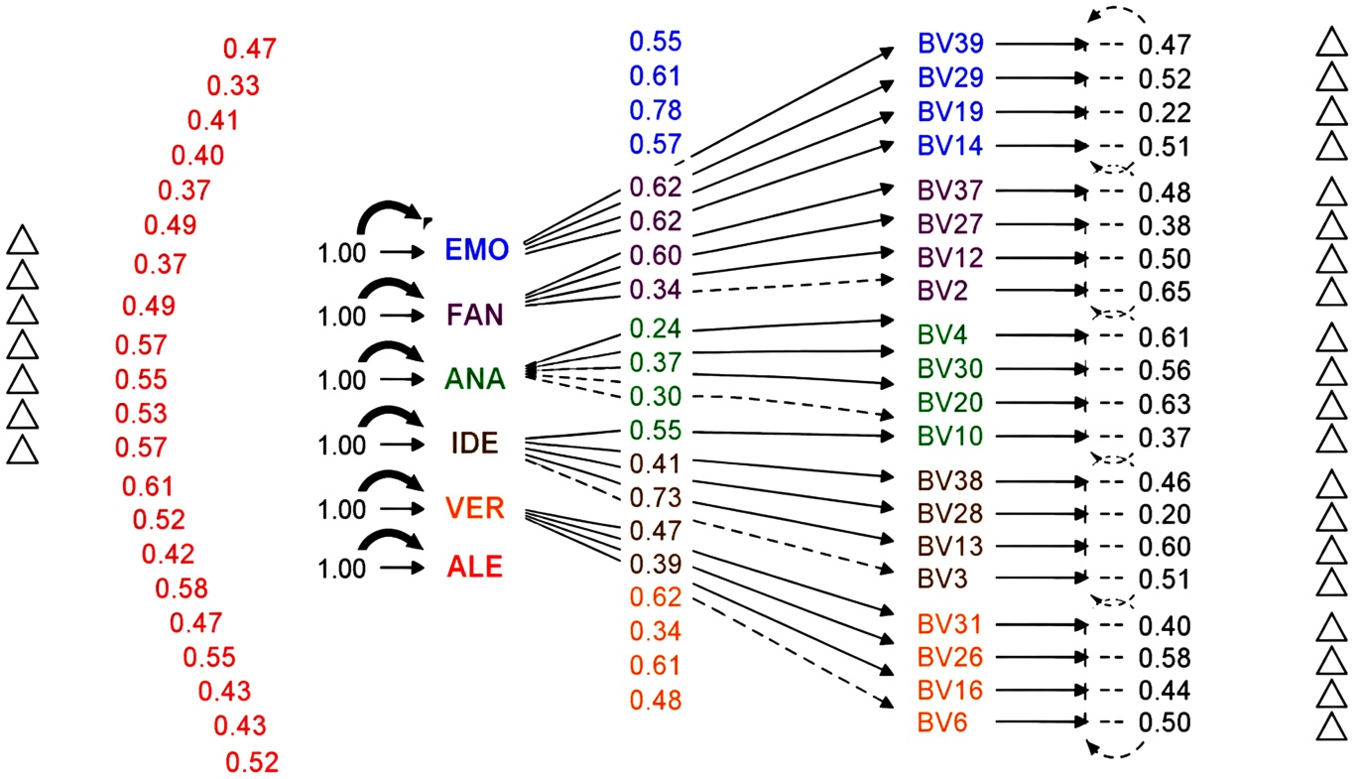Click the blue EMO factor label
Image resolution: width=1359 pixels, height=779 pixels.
pyautogui.click(x=476, y=249)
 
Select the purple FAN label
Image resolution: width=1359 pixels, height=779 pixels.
pyautogui.click(x=475, y=315)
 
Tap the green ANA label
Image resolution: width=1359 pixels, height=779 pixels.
pyautogui.click(x=475, y=379)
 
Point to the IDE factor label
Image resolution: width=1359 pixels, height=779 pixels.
pyautogui.click(x=474, y=444)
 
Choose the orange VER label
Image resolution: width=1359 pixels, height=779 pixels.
pyautogui.click(x=475, y=508)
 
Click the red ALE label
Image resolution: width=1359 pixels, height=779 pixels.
pyautogui.click(x=474, y=567)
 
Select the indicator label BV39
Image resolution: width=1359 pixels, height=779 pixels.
pyautogui.click(x=950, y=44)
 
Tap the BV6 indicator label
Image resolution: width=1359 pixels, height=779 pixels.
pyautogui.click(x=941, y=722)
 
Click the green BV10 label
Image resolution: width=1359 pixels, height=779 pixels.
pyautogui.click(x=950, y=437)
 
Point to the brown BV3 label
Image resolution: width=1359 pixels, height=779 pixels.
pyautogui.click(x=942, y=579)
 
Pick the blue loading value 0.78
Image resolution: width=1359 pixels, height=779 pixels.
pyautogui.click(x=656, y=110)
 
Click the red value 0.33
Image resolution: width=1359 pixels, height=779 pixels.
pyautogui.click(x=233, y=85)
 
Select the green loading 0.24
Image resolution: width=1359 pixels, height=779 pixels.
pyautogui.click(x=656, y=328)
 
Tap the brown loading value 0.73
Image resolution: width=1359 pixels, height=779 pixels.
pyautogui.click(x=656, y=497)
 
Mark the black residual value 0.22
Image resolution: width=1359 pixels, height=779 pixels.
pyautogui.click(x=1165, y=113)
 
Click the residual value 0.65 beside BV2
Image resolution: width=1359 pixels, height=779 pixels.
pyautogui.click(x=1165, y=292)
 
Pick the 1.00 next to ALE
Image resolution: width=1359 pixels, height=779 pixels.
pyautogui.click(x=342, y=569)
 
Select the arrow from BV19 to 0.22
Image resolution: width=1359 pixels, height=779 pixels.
pyautogui.click(x=1042, y=112)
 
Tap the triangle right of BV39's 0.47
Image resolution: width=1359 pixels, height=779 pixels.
pyautogui.click(x=1331, y=43)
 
